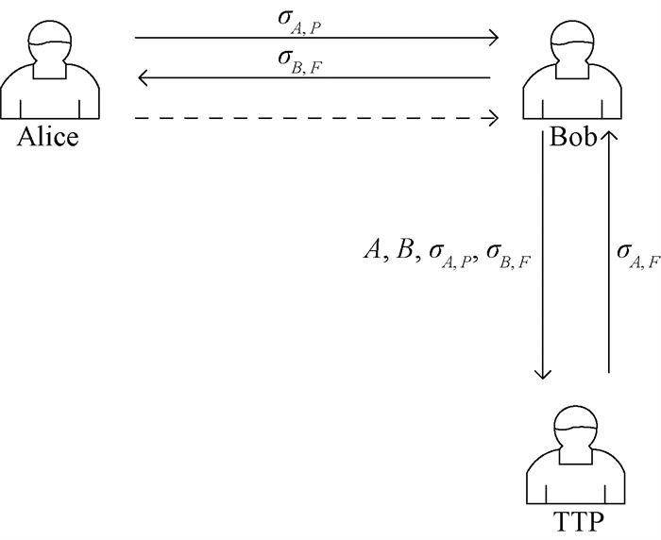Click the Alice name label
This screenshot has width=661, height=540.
(47, 138)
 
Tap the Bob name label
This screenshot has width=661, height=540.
(573, 138)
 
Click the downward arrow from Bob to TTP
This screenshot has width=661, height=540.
(543, 255)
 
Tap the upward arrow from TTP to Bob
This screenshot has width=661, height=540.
(609, 255)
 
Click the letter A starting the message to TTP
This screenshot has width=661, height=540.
(373, 250)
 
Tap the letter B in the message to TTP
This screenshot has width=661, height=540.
(404, 250)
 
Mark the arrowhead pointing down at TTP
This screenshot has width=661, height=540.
(543, 373)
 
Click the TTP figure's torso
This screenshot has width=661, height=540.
(577, 477)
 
